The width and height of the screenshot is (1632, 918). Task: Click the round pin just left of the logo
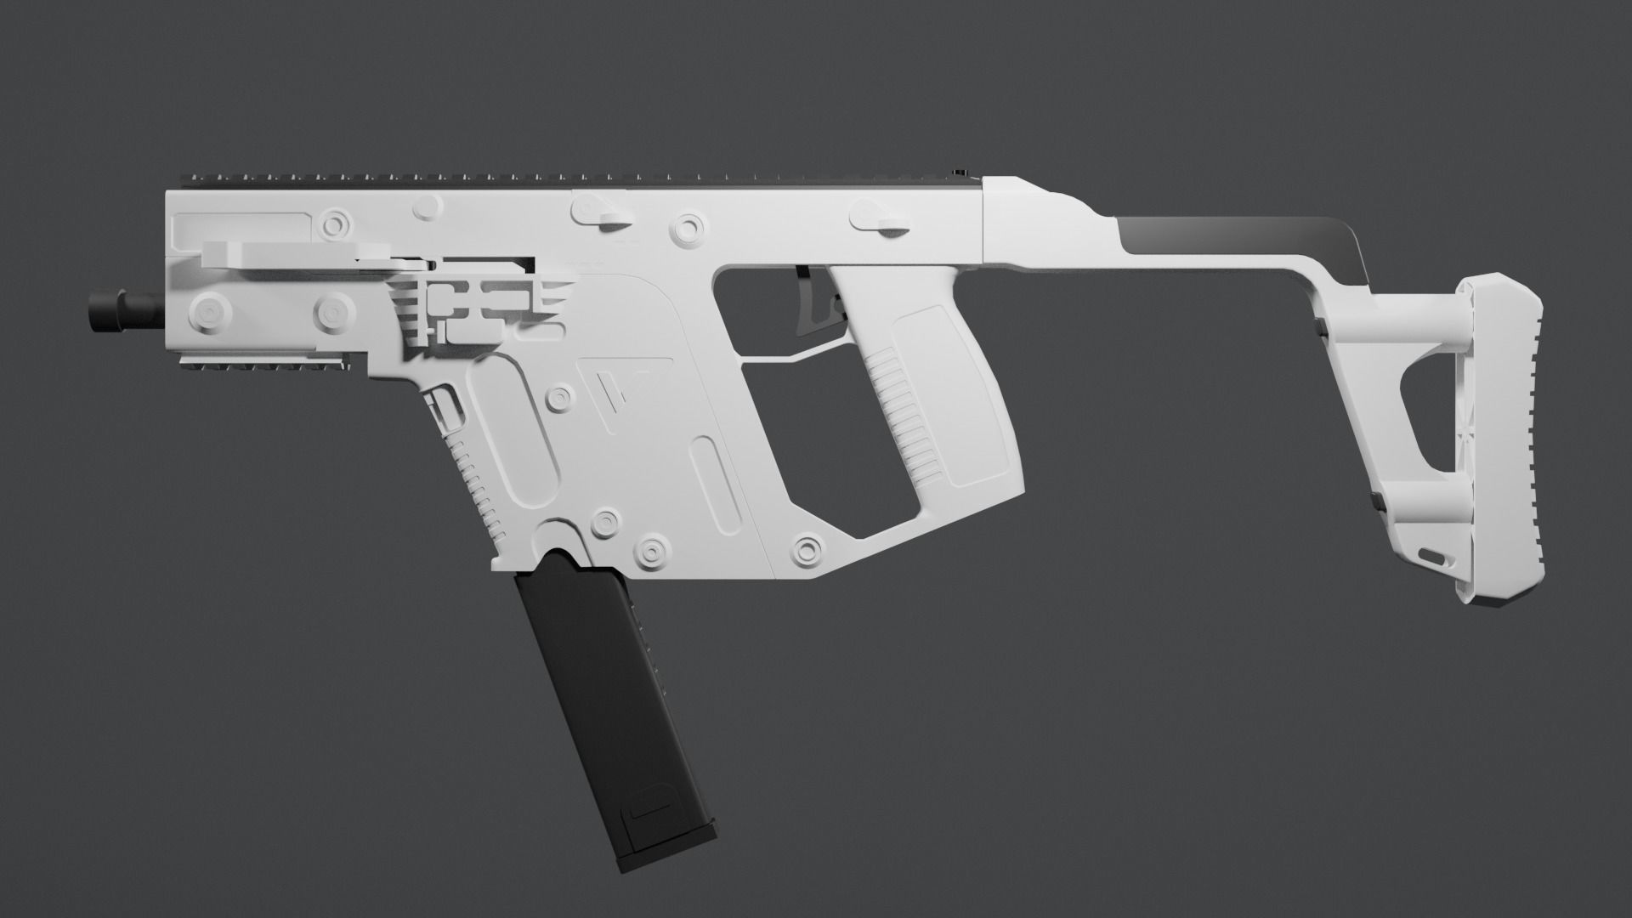(558, 396)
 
